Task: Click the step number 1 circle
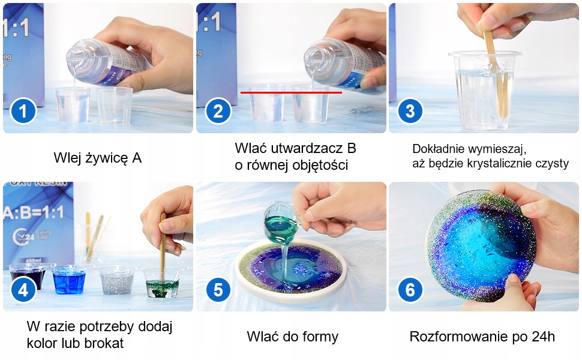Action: point(23,111)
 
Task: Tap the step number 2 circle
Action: point(218,111)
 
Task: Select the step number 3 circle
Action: point(410,111)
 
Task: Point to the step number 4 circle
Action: point(23,290)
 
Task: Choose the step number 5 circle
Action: point(218,290)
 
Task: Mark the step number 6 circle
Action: point(410,290)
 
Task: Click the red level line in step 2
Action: point(292,92)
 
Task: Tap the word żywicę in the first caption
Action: point(107,158)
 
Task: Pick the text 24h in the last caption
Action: point(543,337)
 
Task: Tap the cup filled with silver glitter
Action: point(116,280)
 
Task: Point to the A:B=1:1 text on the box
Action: point(34,212)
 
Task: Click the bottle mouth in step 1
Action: point(76,59)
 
